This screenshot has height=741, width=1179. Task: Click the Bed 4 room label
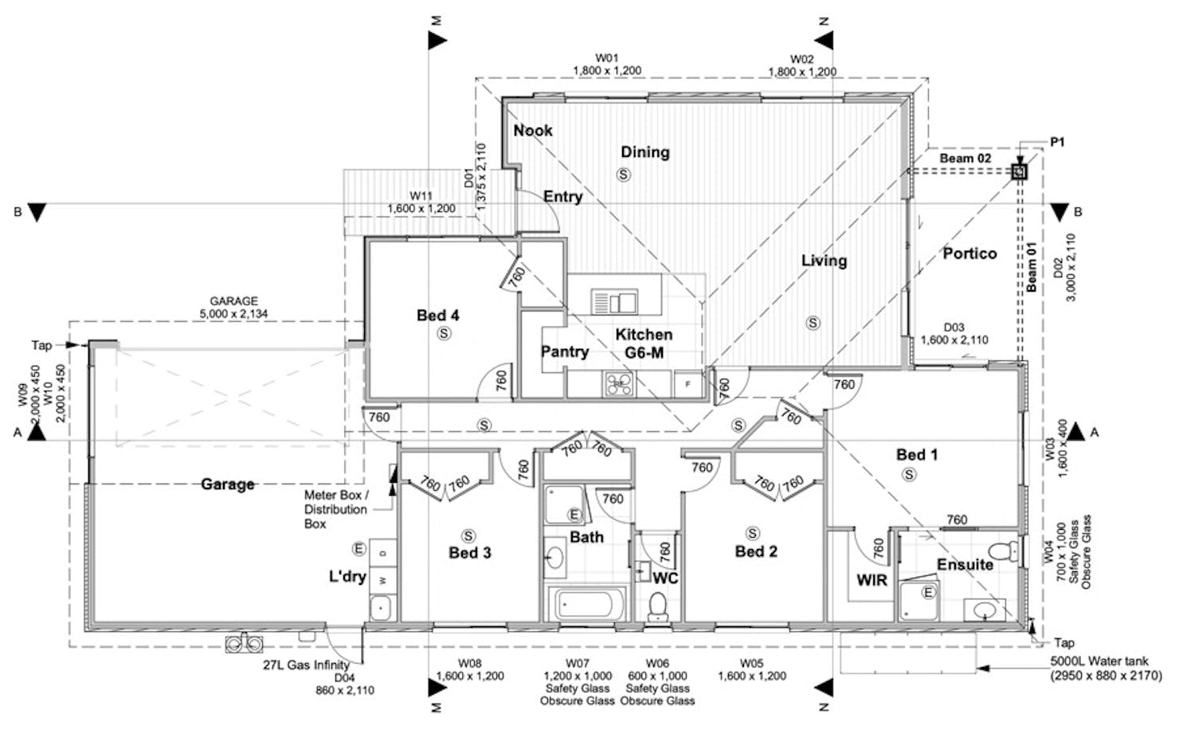pyautogui.click(x=437, y=316)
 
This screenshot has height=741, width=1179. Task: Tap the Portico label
pyautogui.click(x=969, y=253)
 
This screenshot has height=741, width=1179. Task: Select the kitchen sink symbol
pyautogui.click(x=614, y=302)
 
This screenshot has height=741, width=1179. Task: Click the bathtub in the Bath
pyautogui.click(x=587, y=604)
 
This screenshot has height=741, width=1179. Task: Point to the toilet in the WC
pyautogui.click(x=657, y=606)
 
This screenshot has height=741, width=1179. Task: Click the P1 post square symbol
pyautogui.click(x=1020, y=171)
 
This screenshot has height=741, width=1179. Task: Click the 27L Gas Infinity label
pyautogui.click(x=307, y=665)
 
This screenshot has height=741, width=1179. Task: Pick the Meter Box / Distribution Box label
pyautogui.click(x=336, y=509)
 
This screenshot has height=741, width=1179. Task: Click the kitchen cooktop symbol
pyautogui.click(x=619, y=384)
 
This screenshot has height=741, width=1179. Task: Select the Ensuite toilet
pyautogui.click(x=1005, y=551)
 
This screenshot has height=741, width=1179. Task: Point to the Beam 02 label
pyautogui.click(x=966, y=159)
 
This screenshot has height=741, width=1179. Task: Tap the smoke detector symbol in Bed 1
pyautogui.click(x=909, y=475)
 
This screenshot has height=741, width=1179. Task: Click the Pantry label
pyautogui.click(x=565, y=351)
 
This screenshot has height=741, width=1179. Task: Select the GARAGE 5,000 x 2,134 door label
pyautogui.click(x=233, y=308)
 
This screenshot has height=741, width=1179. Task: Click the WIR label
pyautogui.click(x=872, y=581)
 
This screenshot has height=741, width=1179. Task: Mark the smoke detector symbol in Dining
pyautogui.click(x=624, y=174)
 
